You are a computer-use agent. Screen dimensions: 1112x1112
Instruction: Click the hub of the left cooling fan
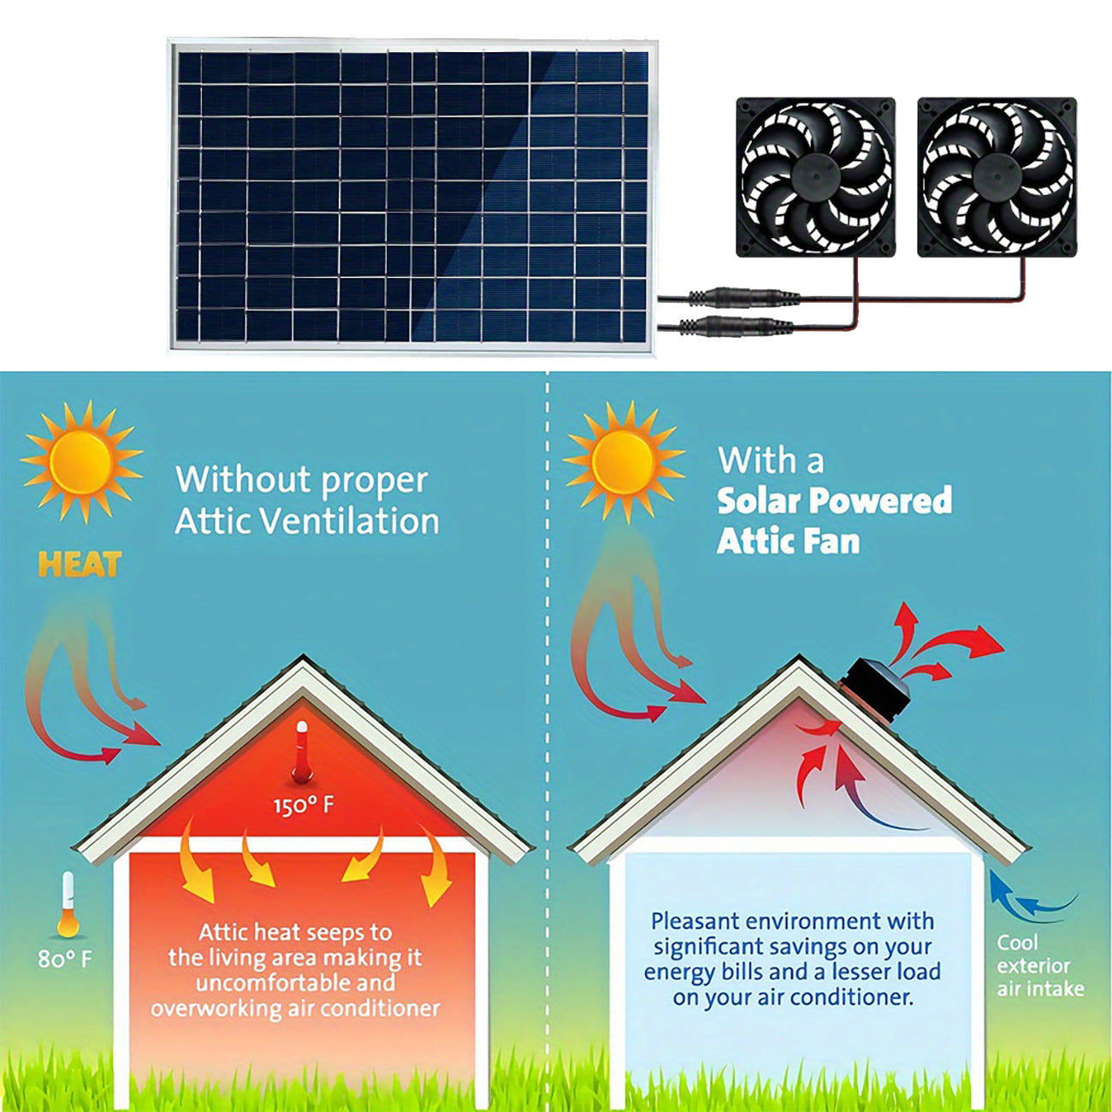(x=815, y=177)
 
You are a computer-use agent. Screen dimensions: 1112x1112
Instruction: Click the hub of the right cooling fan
(x=997, y=177)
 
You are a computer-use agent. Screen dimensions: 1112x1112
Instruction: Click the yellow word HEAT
(x=80, y=565)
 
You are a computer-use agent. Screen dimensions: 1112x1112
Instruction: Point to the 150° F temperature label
(x=304, y=806)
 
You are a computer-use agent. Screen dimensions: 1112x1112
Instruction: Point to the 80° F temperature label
(x=64, y=959)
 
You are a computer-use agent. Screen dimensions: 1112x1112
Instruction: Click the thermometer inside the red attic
(x=301, y=753)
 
